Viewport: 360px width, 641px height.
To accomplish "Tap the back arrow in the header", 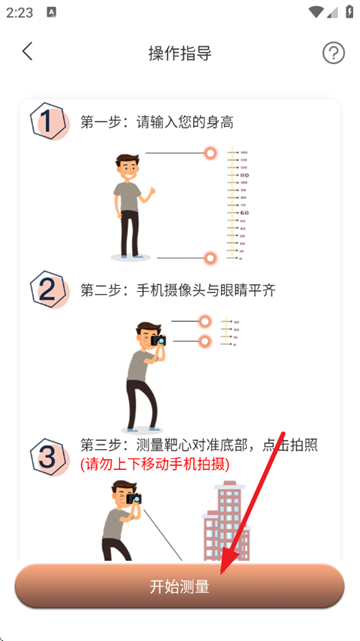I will pos(27,52).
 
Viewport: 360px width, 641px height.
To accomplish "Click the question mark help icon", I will pos(333,53).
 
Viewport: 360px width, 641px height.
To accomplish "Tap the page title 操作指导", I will pos(180,53).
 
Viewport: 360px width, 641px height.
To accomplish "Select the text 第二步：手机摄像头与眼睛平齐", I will pos(178,290).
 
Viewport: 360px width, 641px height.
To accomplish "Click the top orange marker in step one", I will pos(210,153).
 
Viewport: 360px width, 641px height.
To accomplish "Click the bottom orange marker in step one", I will pos(210,258).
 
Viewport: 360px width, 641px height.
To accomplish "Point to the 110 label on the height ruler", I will pos(243,176).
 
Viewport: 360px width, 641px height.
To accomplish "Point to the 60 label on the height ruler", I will pos(243,213).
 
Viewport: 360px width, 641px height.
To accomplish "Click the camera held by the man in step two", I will pos(158,341).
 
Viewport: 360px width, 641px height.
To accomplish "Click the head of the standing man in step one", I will pos(125,166).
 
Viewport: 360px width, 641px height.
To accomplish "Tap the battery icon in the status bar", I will pos(342,11).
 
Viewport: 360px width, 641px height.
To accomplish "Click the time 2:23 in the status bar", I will pos(19,11).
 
